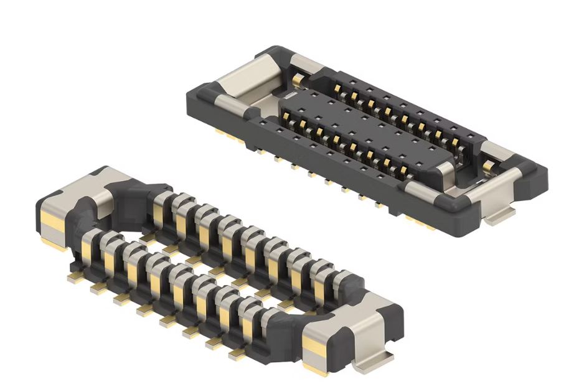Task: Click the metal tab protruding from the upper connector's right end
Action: point(502,214)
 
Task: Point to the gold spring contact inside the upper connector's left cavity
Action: point(298,80)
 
